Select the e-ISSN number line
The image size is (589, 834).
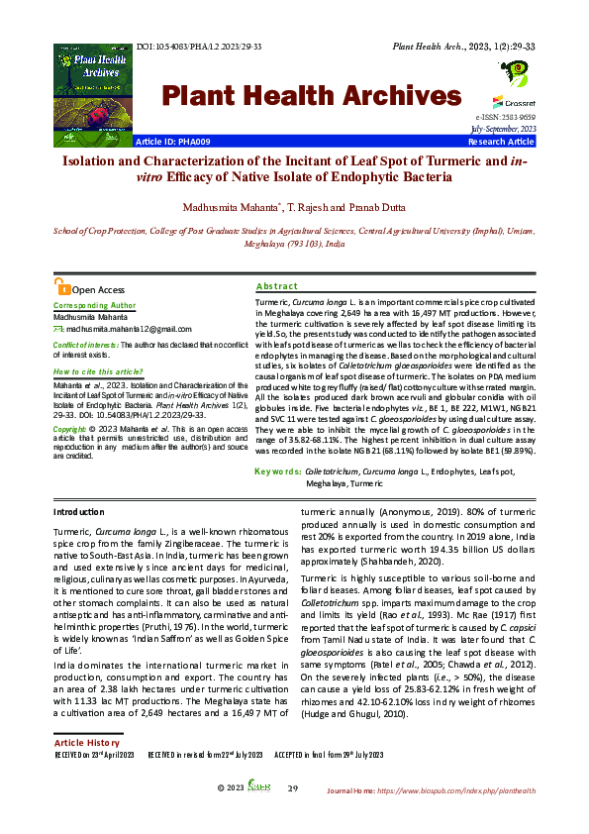(x=506, y=118)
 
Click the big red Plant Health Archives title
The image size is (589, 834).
(x=305, y=96)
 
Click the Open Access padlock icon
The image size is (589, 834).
(x=63, y=288)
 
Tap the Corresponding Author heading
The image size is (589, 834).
(x=94, y=306)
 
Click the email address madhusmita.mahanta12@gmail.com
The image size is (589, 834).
(x=128, y=327)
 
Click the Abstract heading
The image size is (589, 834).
(x=276, y=285)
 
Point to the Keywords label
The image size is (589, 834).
(x=278, y=472)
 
